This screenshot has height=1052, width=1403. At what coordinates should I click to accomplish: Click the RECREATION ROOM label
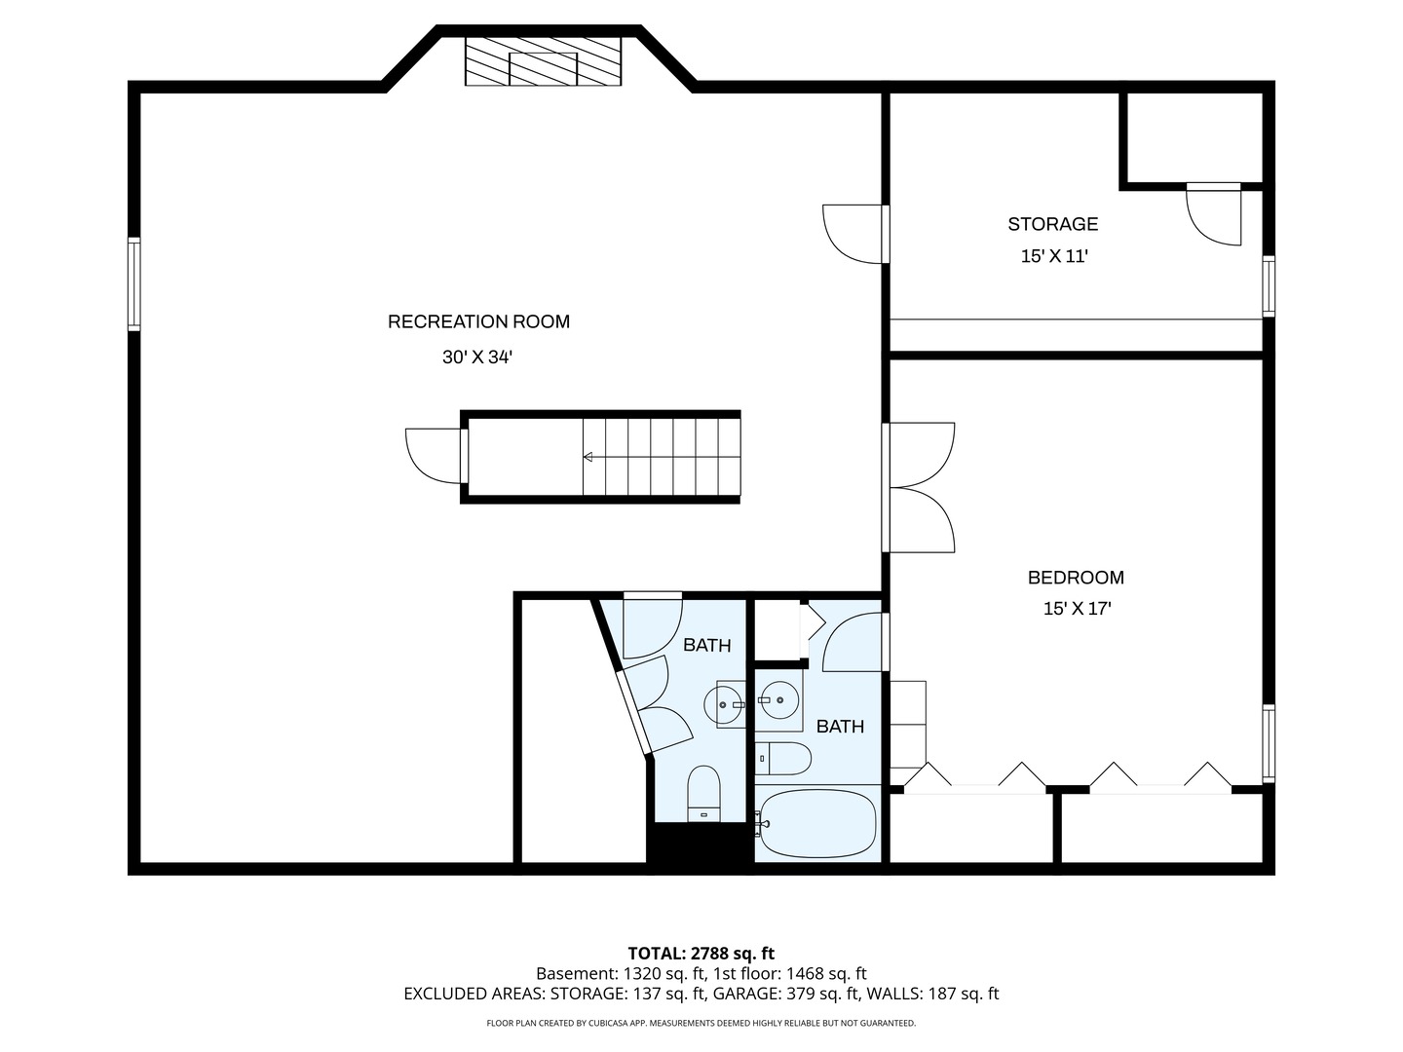tap(478, 321)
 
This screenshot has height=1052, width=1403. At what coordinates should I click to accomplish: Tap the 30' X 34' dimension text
tap(477, 357)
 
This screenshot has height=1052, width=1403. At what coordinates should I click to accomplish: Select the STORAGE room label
tap(1052, 224)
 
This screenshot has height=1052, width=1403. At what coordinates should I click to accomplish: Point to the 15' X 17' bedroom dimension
tap(1077, 609)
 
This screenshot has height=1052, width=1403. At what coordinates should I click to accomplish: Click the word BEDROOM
tap(1076, 578)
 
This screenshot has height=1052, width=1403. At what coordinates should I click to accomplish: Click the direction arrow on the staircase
tap(588, 456)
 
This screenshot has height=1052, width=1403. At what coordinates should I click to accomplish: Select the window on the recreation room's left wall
tap(134, 284)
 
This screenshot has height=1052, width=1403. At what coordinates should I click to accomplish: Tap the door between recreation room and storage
tap(854, 234)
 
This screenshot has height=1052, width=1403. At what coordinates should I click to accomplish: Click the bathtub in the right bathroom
tap(817, 824)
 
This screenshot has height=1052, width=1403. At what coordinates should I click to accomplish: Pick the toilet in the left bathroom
tap(703, 792)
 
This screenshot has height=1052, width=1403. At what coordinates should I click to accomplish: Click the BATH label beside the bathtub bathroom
tap(840, 727)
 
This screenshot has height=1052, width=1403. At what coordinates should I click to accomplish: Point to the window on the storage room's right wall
tap(1269, 286)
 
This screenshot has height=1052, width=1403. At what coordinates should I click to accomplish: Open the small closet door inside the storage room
tap(1214, 215)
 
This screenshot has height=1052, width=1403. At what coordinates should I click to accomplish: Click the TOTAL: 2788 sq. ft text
tap(701, 953)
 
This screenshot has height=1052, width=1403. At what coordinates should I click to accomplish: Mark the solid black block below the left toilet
tap(699, 844)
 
